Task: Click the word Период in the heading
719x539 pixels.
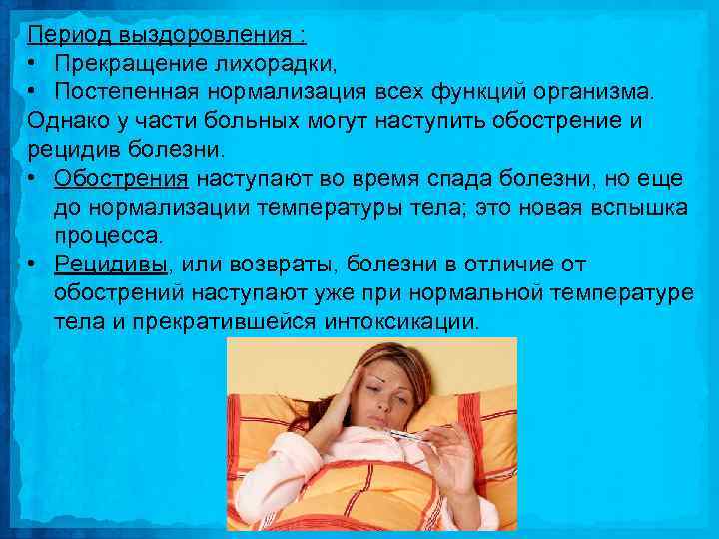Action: pyautogui.click(x=70, y=37)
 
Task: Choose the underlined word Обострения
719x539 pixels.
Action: pyautogui.click(x=121, y=179)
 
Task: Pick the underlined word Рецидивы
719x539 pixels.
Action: pyautogui.click(x=111, y=266)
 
